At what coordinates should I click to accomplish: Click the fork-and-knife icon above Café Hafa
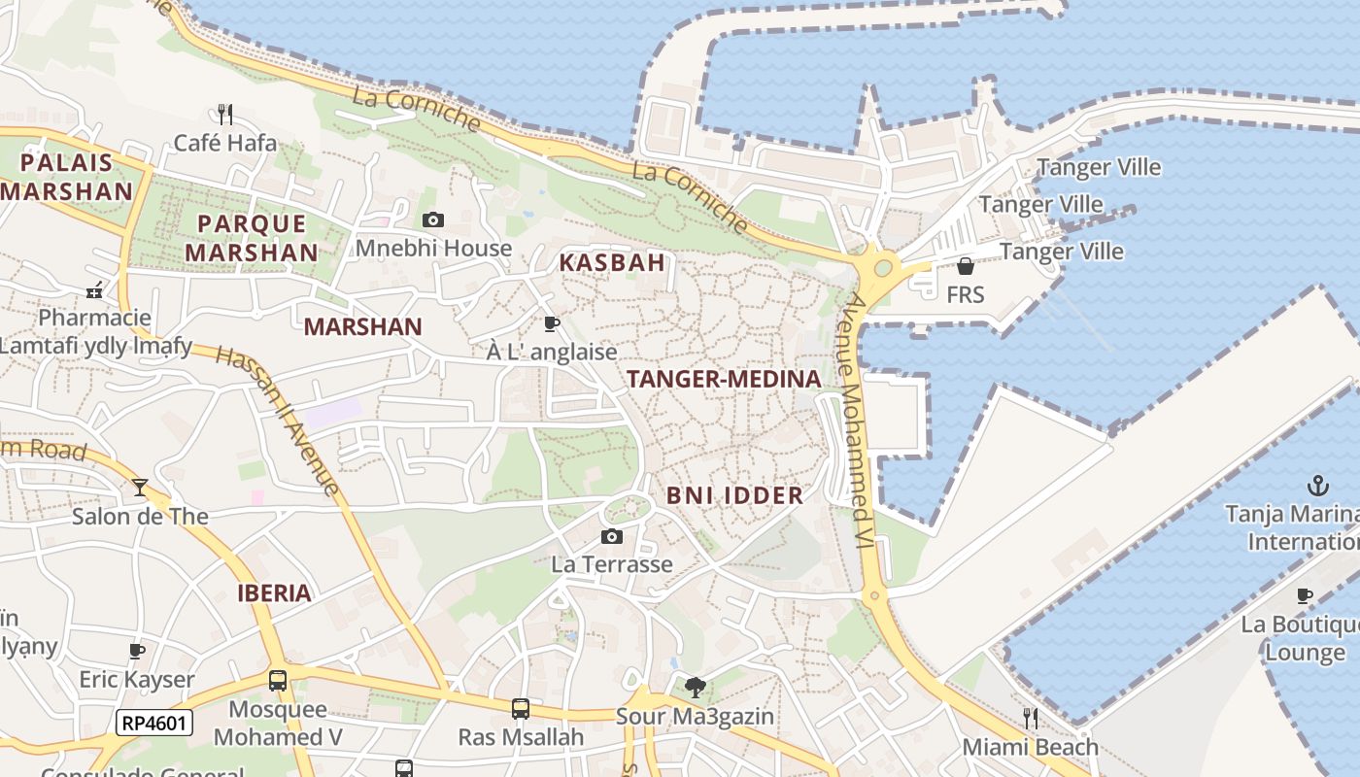225,115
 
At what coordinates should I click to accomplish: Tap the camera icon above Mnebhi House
433,220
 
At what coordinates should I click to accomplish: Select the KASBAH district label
612,262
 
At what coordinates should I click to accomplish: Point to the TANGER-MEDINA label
724,380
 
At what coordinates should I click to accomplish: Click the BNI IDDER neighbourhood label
734,495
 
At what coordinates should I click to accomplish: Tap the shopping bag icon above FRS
965,266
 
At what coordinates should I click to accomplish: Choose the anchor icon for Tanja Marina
1318,485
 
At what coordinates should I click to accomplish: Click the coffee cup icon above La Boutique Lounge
1305,595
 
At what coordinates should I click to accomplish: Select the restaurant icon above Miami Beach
1030,718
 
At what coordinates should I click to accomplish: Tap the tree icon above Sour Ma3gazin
695,688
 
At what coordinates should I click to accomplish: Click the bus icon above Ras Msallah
521,709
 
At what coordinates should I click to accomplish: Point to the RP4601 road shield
154,723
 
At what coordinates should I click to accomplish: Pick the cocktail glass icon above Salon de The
140,487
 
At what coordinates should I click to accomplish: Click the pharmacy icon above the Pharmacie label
94,289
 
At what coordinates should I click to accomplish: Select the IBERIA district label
275,593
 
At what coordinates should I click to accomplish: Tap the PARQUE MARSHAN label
252,238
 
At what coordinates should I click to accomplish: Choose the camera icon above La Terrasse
611,537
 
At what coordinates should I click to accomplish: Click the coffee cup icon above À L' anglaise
552,323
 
